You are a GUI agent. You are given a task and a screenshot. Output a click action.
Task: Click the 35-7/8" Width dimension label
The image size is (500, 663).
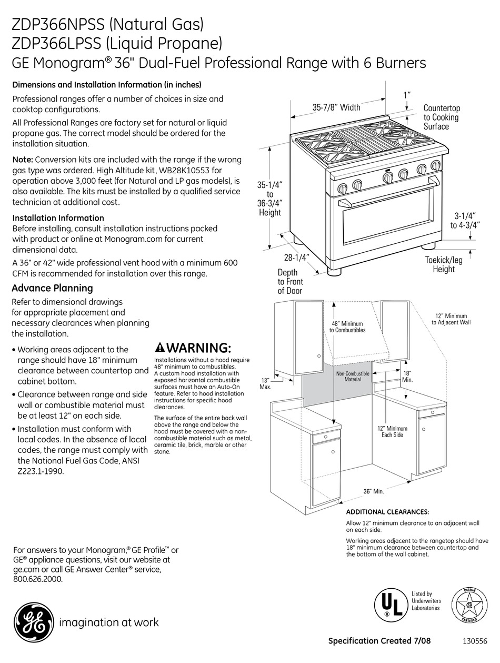[x=336, y=107]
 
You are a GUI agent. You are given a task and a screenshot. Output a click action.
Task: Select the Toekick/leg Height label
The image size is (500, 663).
[x=444, y=264]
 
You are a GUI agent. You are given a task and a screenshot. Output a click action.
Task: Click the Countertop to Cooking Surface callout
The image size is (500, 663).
[x=441, y=117]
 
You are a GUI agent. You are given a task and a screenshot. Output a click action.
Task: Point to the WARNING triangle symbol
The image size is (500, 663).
[x=160, y=348]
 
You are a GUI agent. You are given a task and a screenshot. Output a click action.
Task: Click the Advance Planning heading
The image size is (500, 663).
[x=52, y=288]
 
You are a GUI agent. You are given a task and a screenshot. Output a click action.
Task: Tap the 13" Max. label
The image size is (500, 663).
[x=265, y=383]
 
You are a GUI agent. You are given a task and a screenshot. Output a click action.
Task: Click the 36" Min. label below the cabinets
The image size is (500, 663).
[x=373, y=491]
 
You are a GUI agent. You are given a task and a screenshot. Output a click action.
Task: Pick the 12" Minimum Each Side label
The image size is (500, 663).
[x=392, y=432]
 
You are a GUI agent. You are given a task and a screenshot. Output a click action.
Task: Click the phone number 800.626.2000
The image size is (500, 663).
[x=37, y=579]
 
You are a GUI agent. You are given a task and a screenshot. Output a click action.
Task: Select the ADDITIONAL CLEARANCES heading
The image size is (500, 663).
[x=387, y=512]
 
